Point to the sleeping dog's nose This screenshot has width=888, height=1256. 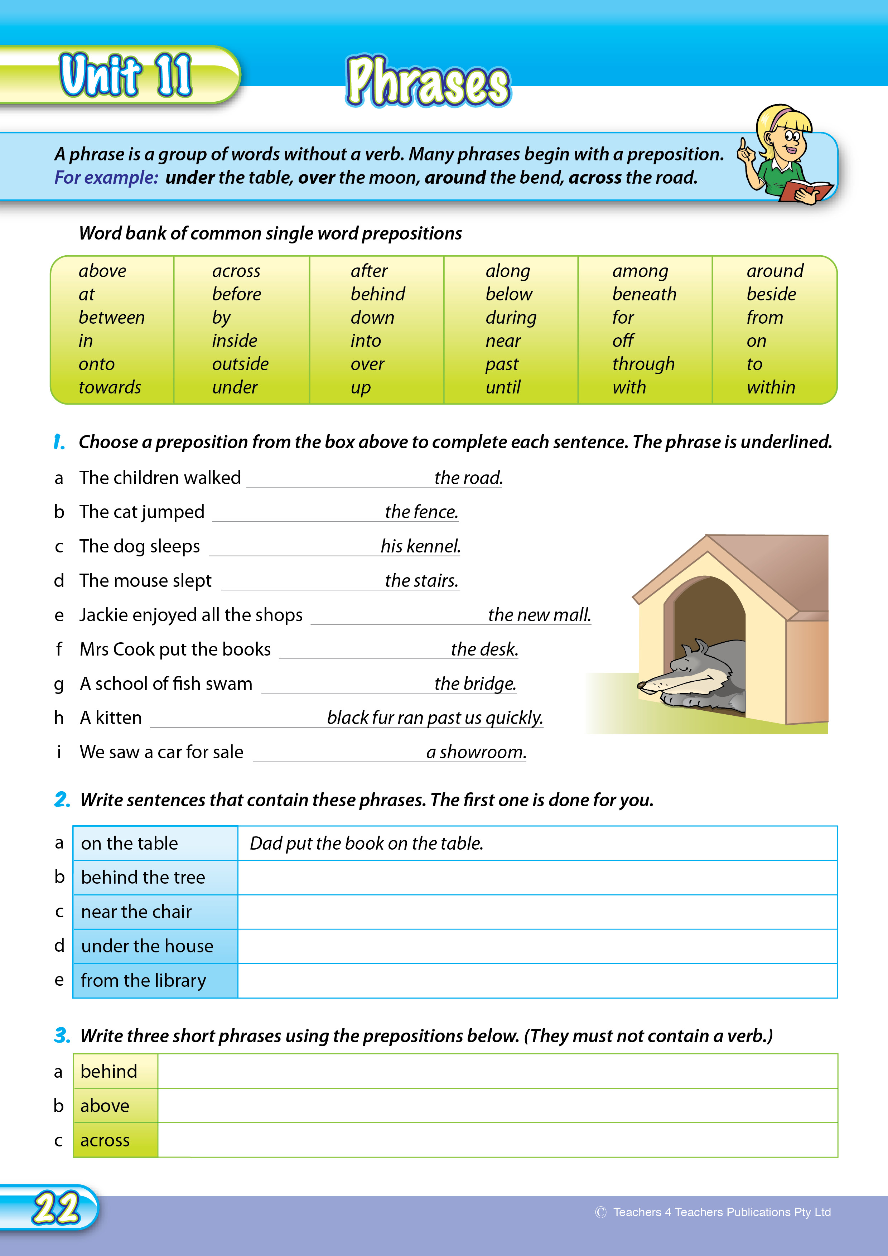click(x=641, y=685)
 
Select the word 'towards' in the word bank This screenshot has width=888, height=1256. click(x=110, y=387)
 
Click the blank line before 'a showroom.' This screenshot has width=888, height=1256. click(x=338, y=754)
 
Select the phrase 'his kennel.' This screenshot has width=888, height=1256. click(x=420, y=546)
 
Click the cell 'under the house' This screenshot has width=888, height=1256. click(x=147, y=946)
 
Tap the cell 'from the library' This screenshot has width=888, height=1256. click(x=143, y=981)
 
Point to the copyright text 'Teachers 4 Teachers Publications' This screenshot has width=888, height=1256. click(x=721, y=1212)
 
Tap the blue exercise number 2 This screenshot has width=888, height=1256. click(x=62, y=800)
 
